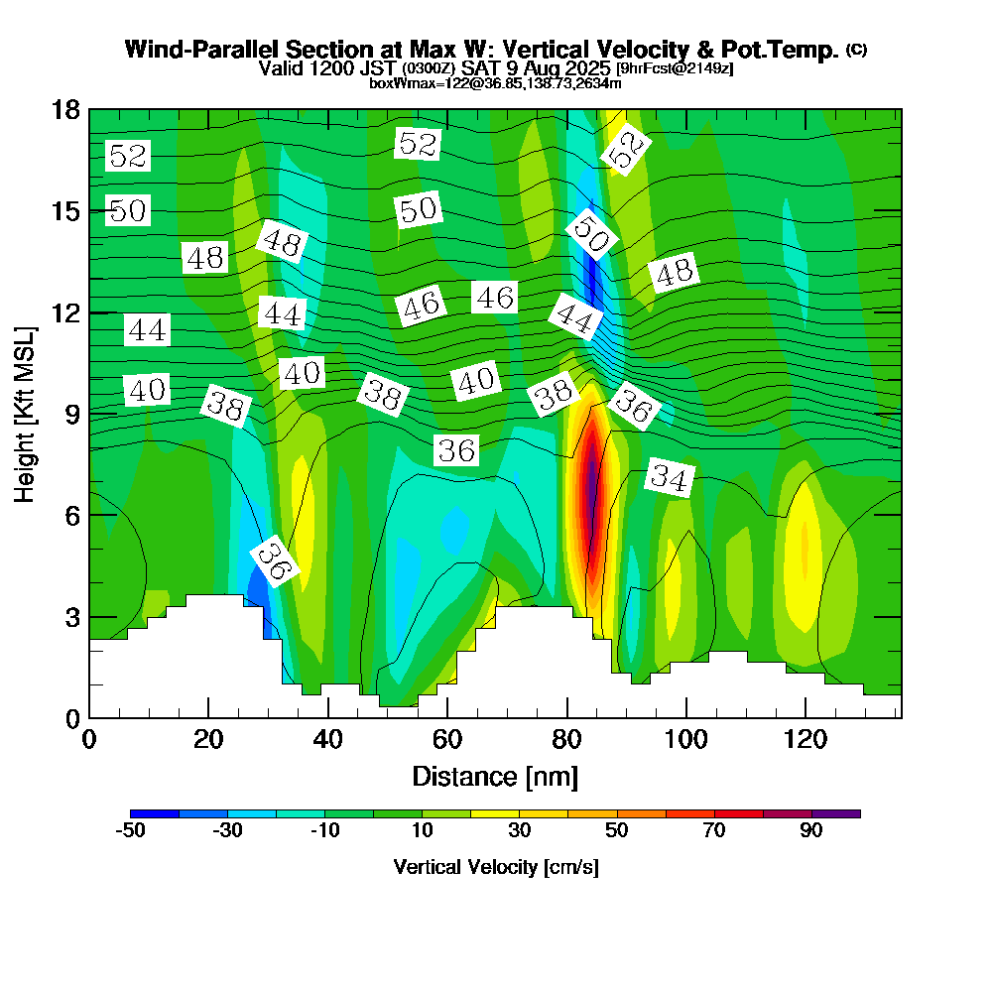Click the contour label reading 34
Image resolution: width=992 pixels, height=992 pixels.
670,479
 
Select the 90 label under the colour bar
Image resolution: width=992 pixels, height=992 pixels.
810,831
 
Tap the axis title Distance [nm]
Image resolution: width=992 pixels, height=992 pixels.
495,776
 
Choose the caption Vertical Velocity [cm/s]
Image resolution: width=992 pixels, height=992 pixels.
495,867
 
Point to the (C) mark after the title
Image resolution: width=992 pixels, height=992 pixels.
856,49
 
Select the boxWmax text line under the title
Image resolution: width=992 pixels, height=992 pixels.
495,83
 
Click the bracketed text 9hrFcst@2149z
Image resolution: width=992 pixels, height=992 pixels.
675,68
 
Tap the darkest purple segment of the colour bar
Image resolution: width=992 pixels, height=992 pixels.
835,813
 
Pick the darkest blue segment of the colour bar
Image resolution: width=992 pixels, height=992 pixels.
154,813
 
